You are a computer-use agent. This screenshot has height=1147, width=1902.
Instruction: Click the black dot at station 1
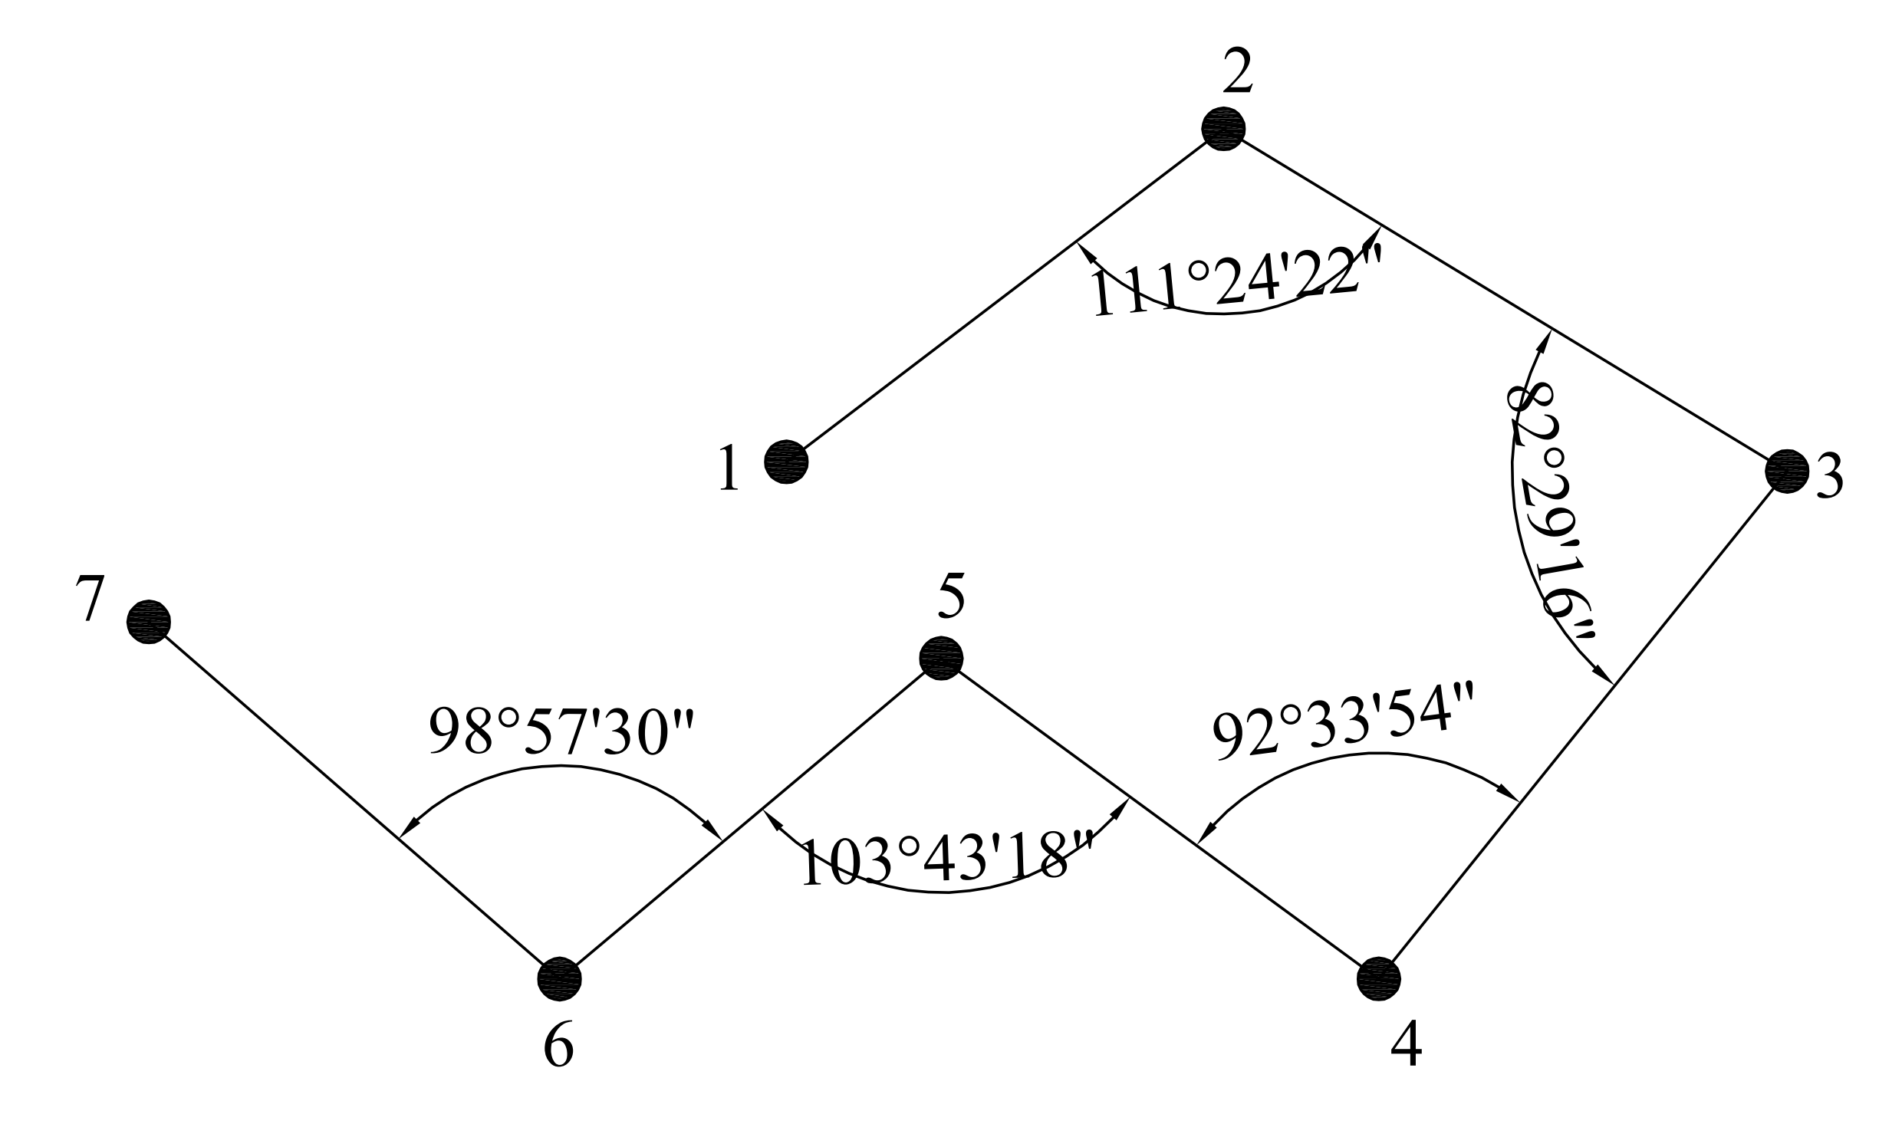[786, 462]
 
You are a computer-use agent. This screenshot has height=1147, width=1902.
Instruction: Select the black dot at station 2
[1222, 128]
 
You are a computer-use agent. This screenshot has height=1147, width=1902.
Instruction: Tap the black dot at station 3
[1786, 471]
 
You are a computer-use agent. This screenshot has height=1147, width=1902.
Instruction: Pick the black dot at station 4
[1378, 978]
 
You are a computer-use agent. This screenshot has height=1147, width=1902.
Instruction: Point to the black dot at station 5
[941, 659]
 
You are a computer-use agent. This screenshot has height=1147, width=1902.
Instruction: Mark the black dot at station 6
[559, 978]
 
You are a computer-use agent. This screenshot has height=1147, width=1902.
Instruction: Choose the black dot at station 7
[148, 621]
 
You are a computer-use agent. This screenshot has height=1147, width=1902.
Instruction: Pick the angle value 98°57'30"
[562, 731]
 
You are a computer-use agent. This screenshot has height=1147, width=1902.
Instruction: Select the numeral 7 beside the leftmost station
[90, 599]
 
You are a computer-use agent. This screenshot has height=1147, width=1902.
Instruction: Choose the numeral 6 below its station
[559, 1047]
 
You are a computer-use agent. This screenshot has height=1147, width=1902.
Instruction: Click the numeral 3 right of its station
[1829, 476]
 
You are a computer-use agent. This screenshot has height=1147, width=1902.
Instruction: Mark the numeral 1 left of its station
[729, 469]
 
